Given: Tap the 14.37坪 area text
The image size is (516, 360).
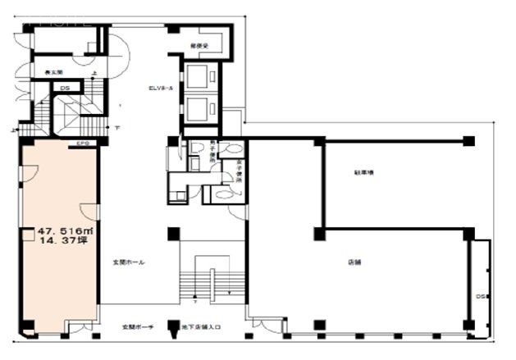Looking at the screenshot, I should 64,242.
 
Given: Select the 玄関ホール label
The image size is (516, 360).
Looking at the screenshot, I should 130,262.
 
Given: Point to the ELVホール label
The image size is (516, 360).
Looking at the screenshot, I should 159,87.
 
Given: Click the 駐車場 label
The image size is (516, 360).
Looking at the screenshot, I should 364,173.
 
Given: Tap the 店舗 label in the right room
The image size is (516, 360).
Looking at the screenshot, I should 354,263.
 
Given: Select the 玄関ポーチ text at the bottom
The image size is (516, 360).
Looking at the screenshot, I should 129,327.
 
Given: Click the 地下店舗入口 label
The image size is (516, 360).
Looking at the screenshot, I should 202,327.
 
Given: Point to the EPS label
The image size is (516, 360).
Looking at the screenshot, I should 82,144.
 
